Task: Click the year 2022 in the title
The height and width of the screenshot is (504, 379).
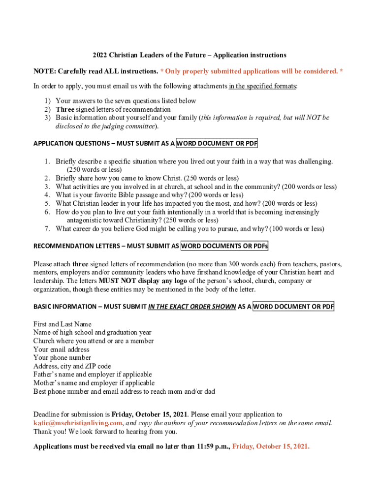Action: click(100, 55)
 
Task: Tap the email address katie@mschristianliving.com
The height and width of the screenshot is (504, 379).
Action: click(77, 423)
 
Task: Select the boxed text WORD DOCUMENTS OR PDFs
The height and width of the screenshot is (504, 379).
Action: click(224, 246)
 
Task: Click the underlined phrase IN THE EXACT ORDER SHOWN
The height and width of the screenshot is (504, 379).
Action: click(191, 307)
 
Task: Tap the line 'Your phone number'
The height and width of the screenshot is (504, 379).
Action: click(62, 358)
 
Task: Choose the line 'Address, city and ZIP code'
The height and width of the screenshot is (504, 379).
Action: click(72, 366)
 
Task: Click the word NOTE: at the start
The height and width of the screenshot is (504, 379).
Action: click(44, 71)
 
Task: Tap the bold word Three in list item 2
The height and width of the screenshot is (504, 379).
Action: click(64, 109)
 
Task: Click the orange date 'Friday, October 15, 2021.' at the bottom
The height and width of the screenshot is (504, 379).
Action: click(271, 447)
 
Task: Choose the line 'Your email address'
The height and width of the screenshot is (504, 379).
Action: click(62, 349)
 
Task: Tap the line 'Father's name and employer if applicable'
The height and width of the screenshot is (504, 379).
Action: click(93, 375)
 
